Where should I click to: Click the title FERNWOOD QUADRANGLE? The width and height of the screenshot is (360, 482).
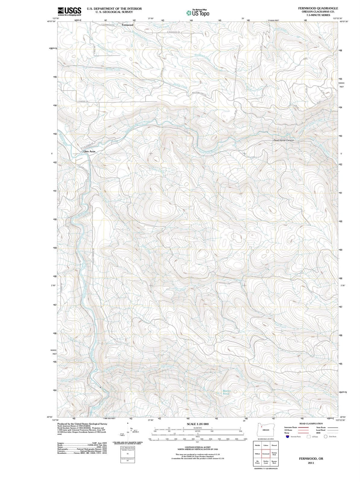pyautogui.click(x=318, y=8)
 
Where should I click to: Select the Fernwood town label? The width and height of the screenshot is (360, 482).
pyautogui.click(x=127, y=25)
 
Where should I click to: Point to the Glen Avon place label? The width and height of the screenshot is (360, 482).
pyautogui.click(x=89, y=151)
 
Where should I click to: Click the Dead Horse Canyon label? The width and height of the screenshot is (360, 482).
pyautogui.click(x=283, y=140)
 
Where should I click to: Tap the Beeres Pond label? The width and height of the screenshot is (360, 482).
pyautogui.click(x=226, y=392)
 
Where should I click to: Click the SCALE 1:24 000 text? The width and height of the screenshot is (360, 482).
pyautogui.click(x=198, y=424)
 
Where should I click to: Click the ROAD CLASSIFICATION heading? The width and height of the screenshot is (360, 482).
pyautogui.click(x=311, y=424)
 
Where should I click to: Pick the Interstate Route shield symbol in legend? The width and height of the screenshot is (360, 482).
pyautogui.click(x=288, y=437)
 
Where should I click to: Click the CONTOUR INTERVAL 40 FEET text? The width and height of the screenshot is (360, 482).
pyautogui.click(x=197, y=447)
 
